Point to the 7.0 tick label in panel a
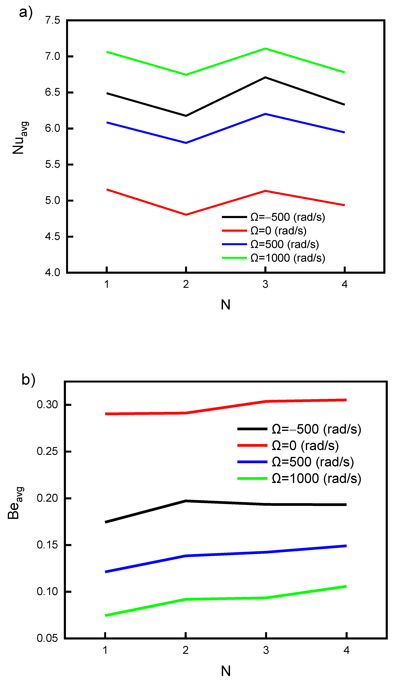pyautogui.click(x=53, y=56)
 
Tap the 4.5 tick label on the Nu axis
pyautogui.click(x=53, y=236)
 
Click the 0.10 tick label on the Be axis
pyautogui.click(x=47, y=592)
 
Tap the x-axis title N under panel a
pyautogui.click(x=225, y=305)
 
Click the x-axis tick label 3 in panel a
pyautogui.click(x=265, y=284)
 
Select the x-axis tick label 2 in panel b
pyautogui.click(x=186, y=650)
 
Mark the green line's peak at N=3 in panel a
pyautogui.click(x=265, y=49)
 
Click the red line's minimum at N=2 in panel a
pyautogui.click(x=186, y=215)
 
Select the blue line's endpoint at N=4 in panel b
pyautogui.click(x=346, y=546)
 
